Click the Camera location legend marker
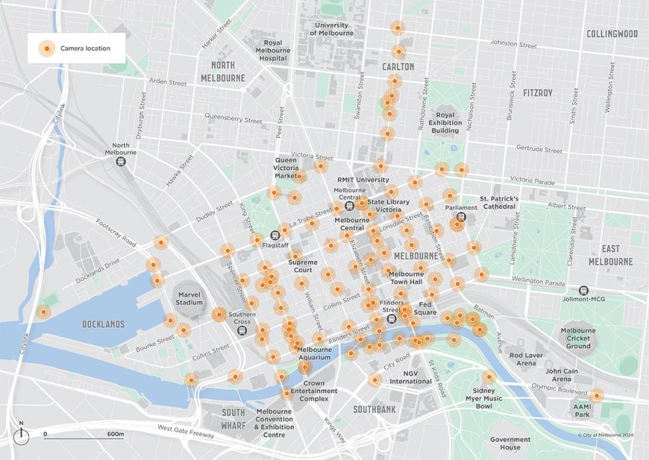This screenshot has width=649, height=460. point(46,48)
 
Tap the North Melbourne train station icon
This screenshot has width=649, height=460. point(121,161)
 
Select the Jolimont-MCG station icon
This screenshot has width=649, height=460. point(583,290)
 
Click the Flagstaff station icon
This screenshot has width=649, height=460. point(276,235)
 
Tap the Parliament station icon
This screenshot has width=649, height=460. point(461,216)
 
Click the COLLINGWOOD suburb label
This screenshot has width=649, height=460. point(612,34)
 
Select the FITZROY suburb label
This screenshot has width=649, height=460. point(537,93)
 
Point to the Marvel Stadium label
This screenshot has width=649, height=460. point(189,298)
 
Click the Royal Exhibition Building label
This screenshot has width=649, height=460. point(445,123)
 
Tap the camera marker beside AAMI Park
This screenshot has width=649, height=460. point(597,396)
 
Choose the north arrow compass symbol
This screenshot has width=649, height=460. point(21,434)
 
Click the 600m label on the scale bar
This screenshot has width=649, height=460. point(115,434)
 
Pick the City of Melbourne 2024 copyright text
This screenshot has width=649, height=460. point(605,435)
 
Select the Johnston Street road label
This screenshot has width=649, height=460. point(513,44)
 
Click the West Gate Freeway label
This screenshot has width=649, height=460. point(186,431)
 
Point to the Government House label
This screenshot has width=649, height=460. point(510,443)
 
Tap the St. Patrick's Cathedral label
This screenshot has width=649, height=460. point(499,202)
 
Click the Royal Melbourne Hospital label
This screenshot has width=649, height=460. point(272,50)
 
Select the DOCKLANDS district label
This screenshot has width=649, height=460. point(103,325)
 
